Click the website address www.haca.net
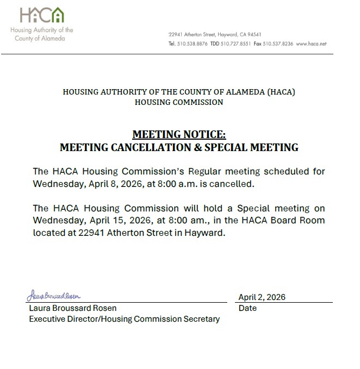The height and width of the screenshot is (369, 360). tap(311, 43)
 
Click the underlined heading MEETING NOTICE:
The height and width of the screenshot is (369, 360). tap(179, 135)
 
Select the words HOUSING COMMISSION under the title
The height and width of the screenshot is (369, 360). tap(179, 102)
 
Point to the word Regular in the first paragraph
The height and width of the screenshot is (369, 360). tap(202, 172)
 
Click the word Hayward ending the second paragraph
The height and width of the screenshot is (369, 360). tap(204, 233)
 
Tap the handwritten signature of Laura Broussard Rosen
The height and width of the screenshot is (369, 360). tap(54, 296)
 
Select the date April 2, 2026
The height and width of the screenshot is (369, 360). tap(262, 297)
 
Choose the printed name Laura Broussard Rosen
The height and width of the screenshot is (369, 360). tap(73, 308)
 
